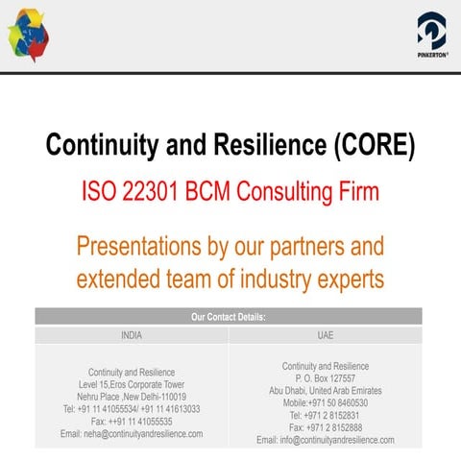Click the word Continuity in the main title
click(x=106, y=146)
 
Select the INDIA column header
click(x=132, y=336)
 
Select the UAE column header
click(x=325, y=336)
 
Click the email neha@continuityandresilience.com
click(x=132, y=434)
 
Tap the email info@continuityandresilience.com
click(x=325, y=440)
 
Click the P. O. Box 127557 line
click(x=325, y=378)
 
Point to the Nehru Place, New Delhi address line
click(x=132, y=397)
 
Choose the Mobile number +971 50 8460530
click(x=325, y=403)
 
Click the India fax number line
click(x=132, y=422)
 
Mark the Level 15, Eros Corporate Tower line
click(x=132, y=384)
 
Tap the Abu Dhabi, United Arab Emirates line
click(x=325, y=391)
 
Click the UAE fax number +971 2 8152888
click(x=325, y=427)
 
